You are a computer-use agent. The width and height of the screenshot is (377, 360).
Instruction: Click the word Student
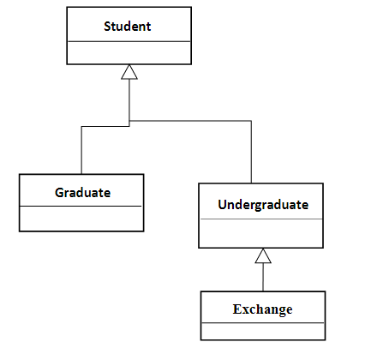click(127, 26)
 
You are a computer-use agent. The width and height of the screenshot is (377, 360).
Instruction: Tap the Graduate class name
click(82, 192)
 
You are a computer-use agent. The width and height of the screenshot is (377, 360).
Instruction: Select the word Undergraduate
click(262, 205)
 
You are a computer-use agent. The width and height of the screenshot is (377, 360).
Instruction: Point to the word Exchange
click(262, 309)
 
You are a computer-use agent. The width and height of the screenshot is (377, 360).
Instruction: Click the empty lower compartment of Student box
click(128, 52)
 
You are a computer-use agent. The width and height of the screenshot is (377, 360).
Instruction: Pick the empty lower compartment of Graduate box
click(81, 218)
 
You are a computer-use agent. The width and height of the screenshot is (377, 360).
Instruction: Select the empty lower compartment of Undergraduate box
click(261, 233)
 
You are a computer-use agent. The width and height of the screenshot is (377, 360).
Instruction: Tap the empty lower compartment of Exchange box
click(262, 331)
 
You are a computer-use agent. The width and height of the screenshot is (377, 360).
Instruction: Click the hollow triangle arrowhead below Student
click(129, 72)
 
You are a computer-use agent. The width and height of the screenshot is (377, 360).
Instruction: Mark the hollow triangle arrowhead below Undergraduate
click(263, 255)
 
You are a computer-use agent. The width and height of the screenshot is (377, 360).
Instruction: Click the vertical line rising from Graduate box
click(81, 150)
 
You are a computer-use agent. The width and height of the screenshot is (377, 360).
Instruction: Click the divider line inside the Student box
click(128, 41)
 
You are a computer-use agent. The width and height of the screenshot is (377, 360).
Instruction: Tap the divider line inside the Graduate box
click(81, 207)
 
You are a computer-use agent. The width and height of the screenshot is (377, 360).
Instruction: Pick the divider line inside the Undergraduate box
click(261, 220)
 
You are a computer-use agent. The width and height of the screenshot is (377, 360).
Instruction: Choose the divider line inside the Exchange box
click(262, 323)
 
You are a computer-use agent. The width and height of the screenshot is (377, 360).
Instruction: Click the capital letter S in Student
click(108, 26)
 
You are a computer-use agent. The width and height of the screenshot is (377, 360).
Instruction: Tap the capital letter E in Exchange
click(237, 309)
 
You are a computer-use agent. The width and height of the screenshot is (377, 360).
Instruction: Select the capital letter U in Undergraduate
click(223, 205)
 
